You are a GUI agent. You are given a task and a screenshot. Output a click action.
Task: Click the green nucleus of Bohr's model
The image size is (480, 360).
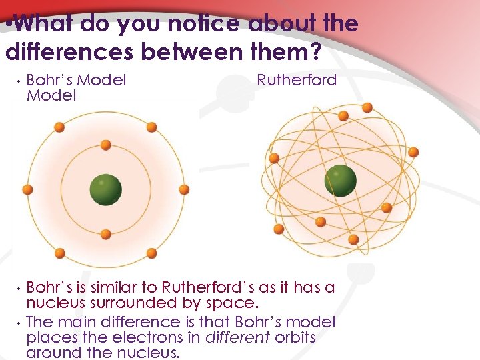pos(105,189)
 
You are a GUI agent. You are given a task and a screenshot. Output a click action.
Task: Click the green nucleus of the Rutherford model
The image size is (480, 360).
pos(341,181)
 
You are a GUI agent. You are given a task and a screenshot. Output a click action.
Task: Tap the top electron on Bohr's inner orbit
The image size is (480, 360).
pos(105,145)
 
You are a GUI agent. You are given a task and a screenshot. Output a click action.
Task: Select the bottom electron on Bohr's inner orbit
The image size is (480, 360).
pos(105,234)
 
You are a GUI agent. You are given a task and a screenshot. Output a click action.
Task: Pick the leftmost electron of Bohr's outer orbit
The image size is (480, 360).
pos(27,189)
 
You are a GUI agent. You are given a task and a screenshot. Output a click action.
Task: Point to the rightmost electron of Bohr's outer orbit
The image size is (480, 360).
pos(184,189)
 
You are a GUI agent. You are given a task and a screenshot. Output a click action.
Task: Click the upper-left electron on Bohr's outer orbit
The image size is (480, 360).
pos(59,127)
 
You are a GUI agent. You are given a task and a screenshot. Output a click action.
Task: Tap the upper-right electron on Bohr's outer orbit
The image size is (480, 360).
pos(151,127)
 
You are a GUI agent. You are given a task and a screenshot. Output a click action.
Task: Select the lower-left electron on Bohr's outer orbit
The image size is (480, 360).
pos(59,253)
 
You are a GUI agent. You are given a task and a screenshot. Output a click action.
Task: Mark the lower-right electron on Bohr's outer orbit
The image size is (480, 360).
pos(151,253)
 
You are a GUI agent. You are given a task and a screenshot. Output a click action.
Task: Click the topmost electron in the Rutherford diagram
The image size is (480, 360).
pos(343,115)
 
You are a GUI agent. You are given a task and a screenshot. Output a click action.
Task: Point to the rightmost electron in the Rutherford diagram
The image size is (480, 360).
pos(413,152)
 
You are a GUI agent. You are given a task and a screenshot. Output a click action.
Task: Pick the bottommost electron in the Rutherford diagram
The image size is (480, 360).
pos(353,239)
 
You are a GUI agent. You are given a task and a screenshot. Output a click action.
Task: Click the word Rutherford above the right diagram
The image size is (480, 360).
pos(297,81)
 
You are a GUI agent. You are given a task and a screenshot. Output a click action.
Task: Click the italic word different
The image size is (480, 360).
pos(238,337)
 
